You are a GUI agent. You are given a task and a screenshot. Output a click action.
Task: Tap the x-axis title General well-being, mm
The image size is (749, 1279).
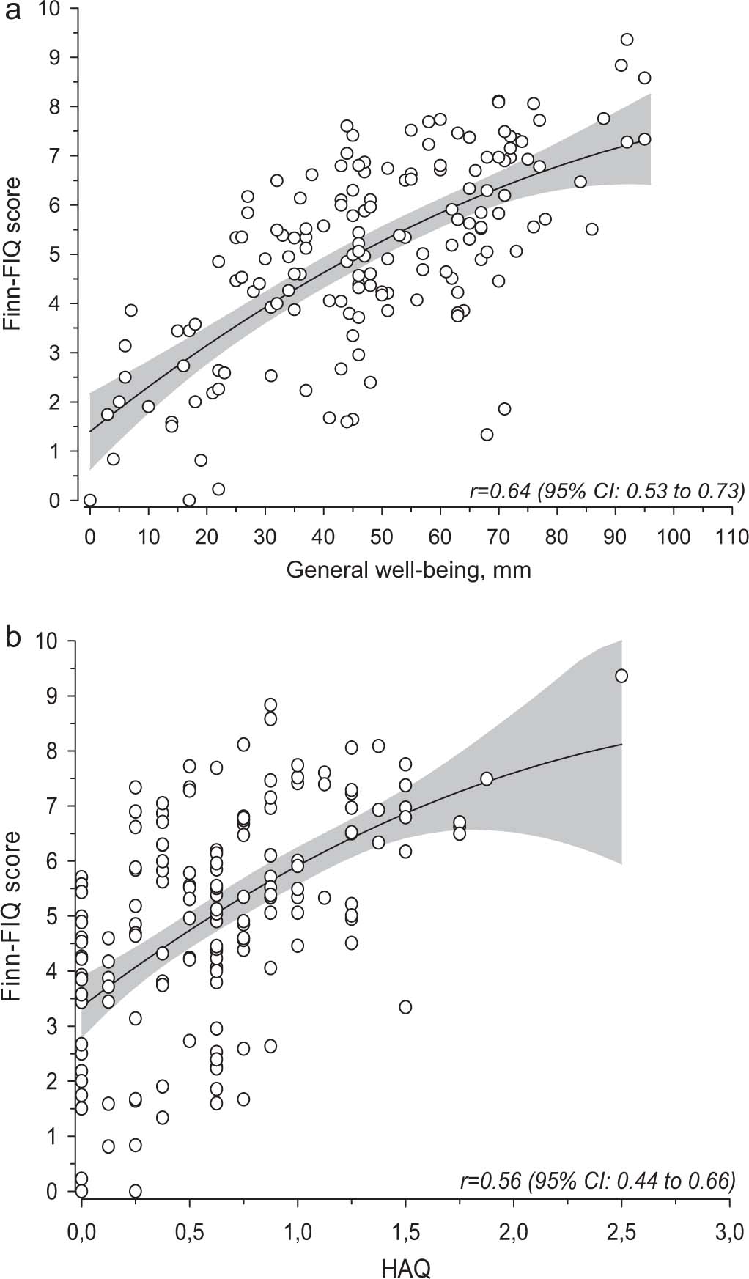click(408, 570)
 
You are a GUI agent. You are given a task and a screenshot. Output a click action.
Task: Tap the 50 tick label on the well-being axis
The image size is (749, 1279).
click(382, 537)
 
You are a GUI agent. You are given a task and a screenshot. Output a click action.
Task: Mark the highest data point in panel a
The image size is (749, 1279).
click(627, 40)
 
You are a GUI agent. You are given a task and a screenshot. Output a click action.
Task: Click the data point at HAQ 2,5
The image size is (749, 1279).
click(621, 676)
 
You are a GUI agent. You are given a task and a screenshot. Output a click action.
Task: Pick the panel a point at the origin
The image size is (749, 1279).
click(90, 501)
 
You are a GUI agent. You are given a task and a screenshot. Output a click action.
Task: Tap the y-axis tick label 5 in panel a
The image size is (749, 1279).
click(64, 254)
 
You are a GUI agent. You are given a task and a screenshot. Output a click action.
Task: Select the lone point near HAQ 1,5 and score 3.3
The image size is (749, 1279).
click(405, 1007)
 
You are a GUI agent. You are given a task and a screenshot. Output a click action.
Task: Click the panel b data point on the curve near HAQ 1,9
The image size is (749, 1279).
click(486, 778)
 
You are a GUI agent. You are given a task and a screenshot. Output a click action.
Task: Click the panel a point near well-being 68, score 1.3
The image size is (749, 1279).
click(487, 435)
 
